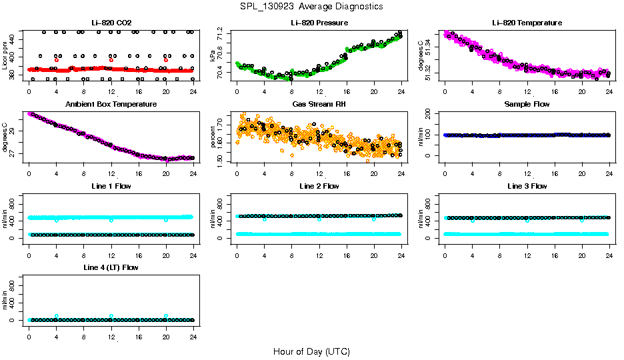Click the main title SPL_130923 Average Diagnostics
point(312,6)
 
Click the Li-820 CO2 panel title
point(111,23)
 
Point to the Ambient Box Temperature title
point(111,105)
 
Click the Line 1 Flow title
point(111,186)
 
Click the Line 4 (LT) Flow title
point(111,267)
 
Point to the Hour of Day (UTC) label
point(311,351)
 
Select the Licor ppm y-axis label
point(5,56)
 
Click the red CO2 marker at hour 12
point(111,60)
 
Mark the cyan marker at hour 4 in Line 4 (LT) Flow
point(57,316)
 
